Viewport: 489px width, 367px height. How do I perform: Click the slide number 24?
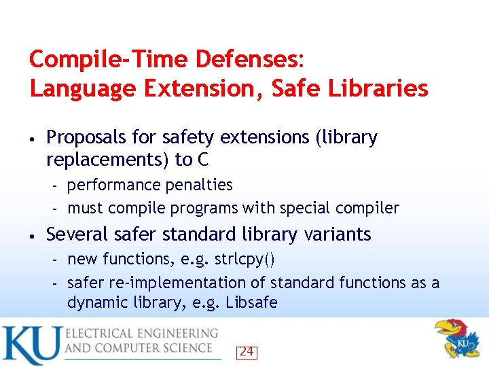[x=247, y=352]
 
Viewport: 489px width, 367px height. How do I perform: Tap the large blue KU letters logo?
[x=30, y=345]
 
